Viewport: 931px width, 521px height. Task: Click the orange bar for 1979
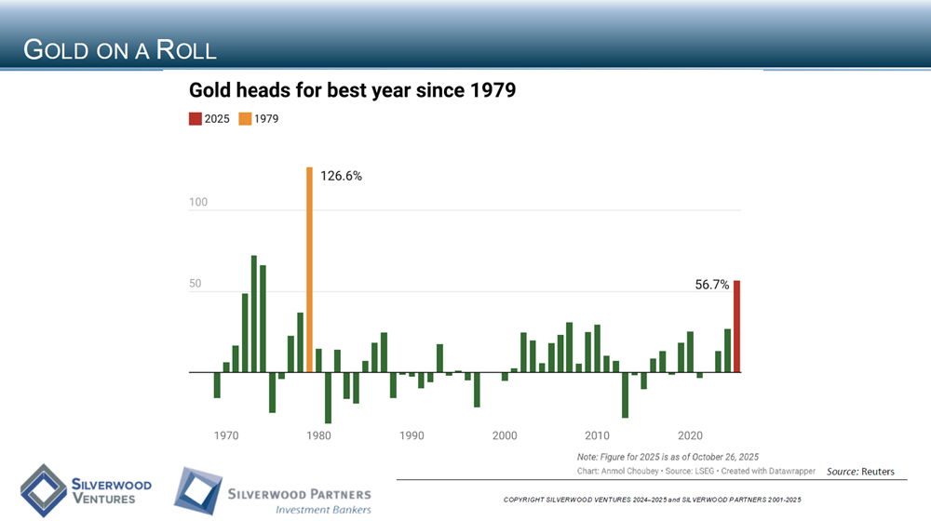click(309, 270)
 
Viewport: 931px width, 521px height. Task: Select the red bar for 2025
click(736, 327)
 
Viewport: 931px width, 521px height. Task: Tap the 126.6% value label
click(341, 176)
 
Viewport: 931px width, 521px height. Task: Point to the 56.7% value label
click(712, 286)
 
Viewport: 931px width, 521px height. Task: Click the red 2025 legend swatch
click(195, 119)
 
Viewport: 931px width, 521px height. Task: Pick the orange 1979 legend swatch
click(245, 119)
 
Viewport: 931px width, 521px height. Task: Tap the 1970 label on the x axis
click(226, 435)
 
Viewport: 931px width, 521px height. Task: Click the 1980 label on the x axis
click(319, 435)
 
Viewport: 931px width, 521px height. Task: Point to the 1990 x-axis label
click(412, 435)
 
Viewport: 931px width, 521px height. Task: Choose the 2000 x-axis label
click(505, 435)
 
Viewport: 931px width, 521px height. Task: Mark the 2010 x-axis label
click(597, 435)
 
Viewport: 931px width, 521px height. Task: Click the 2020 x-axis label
click(690, 435)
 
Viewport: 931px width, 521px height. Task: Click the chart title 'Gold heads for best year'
click(352, 91)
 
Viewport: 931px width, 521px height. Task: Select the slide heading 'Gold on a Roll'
click(119, 49)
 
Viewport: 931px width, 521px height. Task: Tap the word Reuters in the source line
click(878, 472)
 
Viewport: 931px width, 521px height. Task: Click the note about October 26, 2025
click(668, 457)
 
